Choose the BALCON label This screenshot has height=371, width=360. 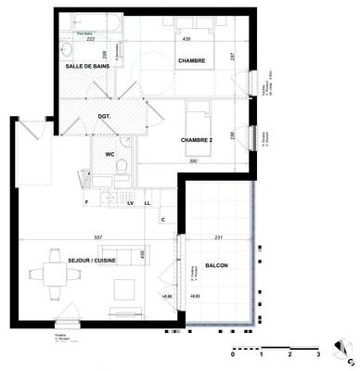(x=217, y=265)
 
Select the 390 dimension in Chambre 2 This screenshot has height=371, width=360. (x=194, y=161)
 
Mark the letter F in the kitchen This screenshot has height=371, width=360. (x=86, y=202)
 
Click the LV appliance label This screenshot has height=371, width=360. (x=131, y=202)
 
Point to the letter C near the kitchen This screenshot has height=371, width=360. (x=162, y=219)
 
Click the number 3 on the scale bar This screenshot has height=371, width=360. (x=318, y=355)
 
